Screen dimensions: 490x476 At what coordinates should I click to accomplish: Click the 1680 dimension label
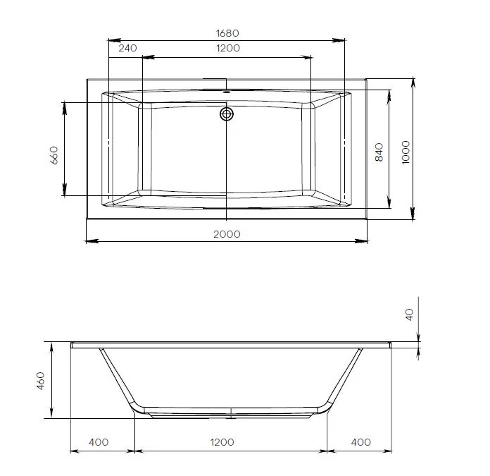click(x=227, y=33)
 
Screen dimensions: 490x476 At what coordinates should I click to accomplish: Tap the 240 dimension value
click(x=128, y=48)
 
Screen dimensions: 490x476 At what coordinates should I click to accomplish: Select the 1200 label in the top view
click(x=228, y=48)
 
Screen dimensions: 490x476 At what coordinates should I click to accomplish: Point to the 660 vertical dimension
click(x=54, y=155)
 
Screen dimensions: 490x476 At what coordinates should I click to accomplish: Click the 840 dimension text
click(x=379, y=152)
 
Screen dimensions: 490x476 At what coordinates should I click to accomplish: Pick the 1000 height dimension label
click(x=406, y=152)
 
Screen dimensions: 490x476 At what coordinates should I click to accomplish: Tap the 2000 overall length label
click(x=227, y=234)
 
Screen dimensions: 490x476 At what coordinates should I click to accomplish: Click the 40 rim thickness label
click(x=409, y=315)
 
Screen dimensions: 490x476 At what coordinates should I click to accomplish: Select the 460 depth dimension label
click(x=41, y=381)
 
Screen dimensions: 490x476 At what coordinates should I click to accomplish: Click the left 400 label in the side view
click(x=99, y=442)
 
